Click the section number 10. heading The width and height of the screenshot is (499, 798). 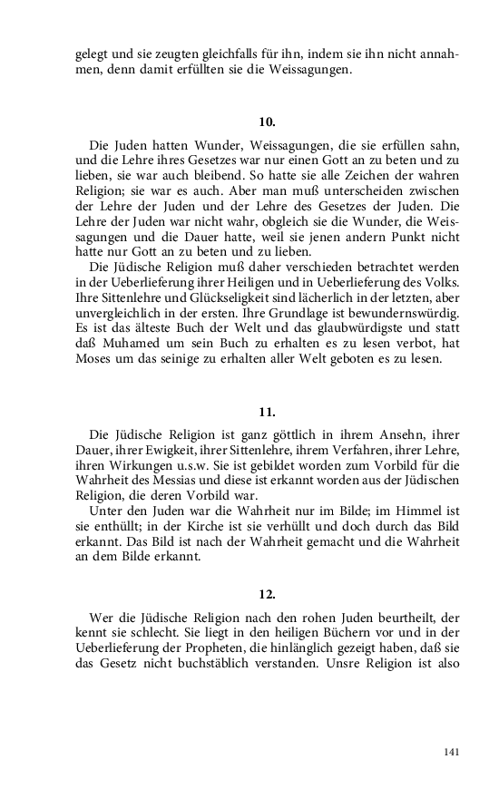[267, 121]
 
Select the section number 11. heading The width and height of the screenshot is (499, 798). [267, 413]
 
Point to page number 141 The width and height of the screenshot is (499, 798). [450, 753]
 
